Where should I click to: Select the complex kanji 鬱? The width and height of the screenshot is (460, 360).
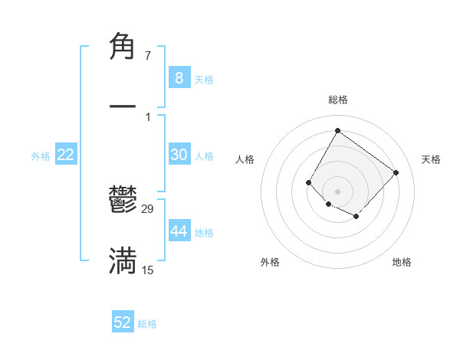123,203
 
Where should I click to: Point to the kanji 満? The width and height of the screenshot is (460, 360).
123,261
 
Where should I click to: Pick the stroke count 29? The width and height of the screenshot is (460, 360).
148,209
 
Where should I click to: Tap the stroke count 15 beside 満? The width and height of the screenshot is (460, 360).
147,270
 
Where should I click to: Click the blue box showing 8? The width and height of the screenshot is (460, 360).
179,77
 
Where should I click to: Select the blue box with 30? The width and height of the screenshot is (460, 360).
179,155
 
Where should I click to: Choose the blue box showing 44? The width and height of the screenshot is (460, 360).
179,231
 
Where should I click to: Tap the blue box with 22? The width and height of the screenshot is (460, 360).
65,155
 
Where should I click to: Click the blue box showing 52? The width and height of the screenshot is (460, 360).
123,322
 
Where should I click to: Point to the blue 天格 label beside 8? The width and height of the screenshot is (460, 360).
203,79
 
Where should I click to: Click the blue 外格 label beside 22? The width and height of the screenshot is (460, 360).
41,156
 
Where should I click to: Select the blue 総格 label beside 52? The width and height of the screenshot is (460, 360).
147,324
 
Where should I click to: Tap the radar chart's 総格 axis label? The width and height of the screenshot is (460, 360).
337,100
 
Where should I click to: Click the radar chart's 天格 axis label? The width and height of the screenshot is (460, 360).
431,159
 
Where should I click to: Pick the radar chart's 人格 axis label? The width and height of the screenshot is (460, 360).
245,159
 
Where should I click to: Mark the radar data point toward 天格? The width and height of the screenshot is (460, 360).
396,172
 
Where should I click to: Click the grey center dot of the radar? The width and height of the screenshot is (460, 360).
337,191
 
